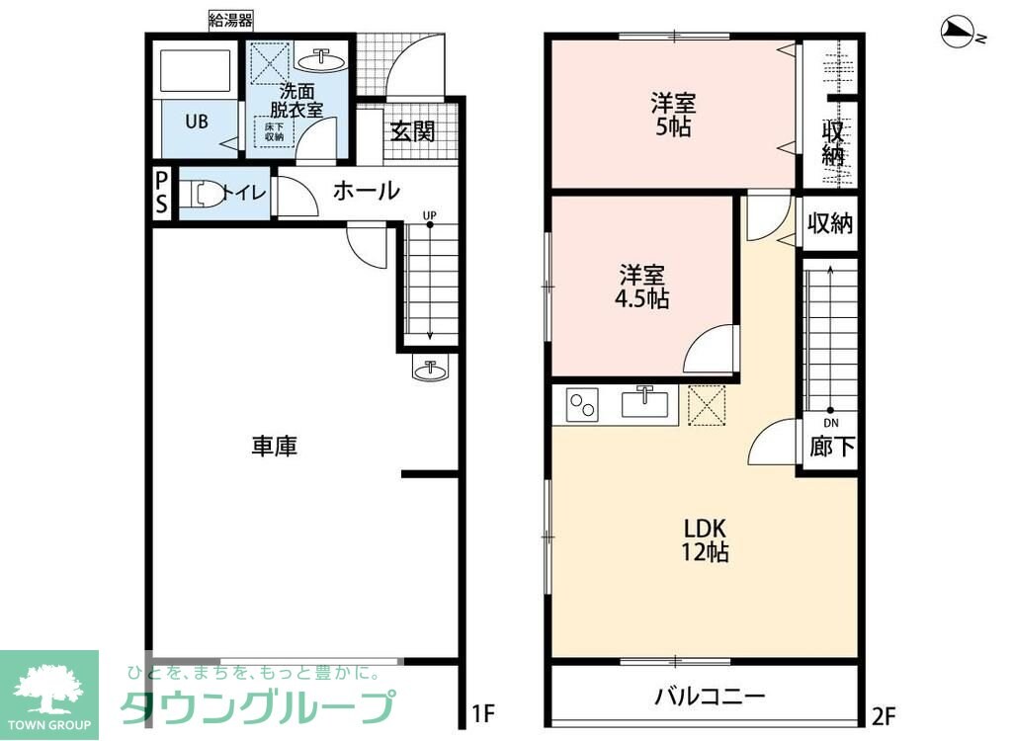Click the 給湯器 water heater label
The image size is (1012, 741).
pyautogui.click(x=230, y=19)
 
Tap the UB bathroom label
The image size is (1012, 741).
pyautogui.click(x=197, y=123)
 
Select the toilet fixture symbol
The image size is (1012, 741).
pyautogui.click(x=202, y=194)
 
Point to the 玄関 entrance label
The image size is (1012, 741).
pyautogui.click(x=412, y=131)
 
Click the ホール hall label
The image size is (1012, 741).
pyautogui.click(x=366, y=191)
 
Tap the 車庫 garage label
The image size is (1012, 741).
pyautogui.click(x=274, y=447)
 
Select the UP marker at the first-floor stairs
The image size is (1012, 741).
pyautogui.click(x=430, y=214)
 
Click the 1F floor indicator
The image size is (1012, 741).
pyautogui.click(x=482, y=712)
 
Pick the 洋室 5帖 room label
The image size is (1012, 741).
pyautogui.click(x=673, y=114)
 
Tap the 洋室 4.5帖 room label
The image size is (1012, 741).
pyautogui.click(x=643, y=286)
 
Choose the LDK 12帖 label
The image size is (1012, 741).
pyautogui.click(x=705, y=539)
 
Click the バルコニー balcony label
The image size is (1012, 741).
pyautogui.click(x=710, y=696)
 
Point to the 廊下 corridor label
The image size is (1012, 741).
pyautogui.click(x=832, y=448)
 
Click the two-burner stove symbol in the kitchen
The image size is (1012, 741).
pyautogui.click(x=582, y=405)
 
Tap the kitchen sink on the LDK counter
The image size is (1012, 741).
pyautogui.click(x=644, y=403)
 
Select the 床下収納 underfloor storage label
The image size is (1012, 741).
pyautogui.click(x=274, y=131)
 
